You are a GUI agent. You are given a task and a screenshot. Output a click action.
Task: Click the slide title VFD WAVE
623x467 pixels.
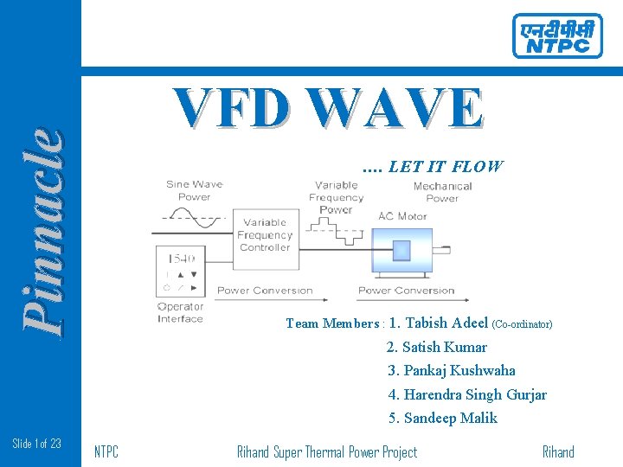click(329, 110)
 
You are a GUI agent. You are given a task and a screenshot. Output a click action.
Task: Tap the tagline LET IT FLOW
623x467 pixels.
click(433, 166)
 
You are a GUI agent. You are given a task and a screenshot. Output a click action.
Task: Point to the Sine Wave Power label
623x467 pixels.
click(195, 190)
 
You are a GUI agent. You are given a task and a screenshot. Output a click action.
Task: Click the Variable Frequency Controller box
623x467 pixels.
click(265, 234)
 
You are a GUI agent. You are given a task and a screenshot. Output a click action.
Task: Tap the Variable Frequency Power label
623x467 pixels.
click(336, 197)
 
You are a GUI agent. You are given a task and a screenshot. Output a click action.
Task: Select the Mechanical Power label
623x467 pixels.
click(442, 192)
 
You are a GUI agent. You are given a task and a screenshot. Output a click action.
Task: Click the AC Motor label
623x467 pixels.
click(402, 216)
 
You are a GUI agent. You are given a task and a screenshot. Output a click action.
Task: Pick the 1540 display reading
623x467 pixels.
click(181, 258)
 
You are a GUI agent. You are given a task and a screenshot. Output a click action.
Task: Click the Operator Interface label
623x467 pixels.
click(180, 312)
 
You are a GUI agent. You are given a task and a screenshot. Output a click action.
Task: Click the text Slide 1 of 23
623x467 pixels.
click(37, 444)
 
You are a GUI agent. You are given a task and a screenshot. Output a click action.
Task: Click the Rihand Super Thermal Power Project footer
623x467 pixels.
click(327, 451)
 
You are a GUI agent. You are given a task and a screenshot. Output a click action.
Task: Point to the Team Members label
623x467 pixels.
click(333, 324)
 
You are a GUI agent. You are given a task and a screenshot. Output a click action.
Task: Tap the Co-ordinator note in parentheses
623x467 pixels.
click(522, 325)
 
